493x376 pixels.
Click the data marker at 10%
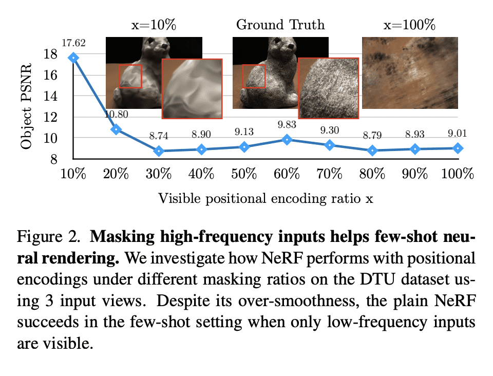[x=73, y=58]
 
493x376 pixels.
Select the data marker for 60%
[x=288, y=139]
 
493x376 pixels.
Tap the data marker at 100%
[x=458, y=148]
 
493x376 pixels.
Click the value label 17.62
[x=73, y=43]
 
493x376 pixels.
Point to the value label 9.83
[x=287, y=125]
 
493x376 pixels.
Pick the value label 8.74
[x=159, y=136]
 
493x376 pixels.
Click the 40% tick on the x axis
[x=201, y=174]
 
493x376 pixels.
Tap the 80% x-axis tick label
[x=372, y=174]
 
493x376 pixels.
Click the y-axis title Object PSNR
[x=26, y=106]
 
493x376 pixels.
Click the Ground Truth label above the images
[x=280, y=25]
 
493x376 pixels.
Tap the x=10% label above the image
[x=154, y=25]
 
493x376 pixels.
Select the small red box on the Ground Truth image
[x=253, y=76]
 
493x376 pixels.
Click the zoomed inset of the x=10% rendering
[x=192, y=88]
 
